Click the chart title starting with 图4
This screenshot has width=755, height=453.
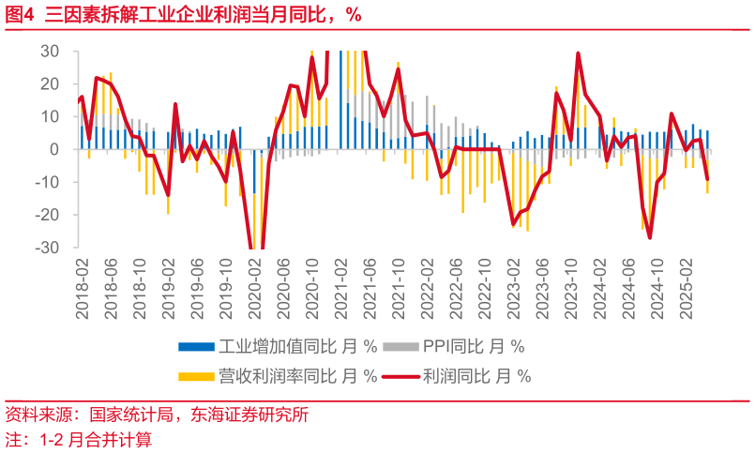click(183, 14)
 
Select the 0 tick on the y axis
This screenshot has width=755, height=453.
click(53, 149)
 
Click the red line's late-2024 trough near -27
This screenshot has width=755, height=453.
click(649, 237)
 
